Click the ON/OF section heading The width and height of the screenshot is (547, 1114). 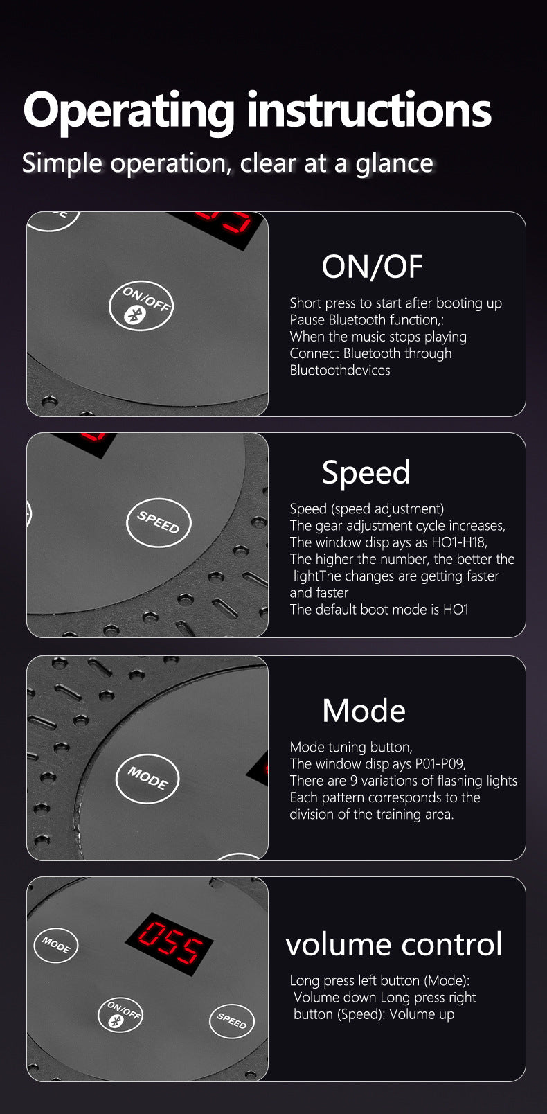tap(372, 267)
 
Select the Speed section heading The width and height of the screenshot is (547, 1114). tap(366, 473)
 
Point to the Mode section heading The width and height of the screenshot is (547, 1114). tap(364, 711)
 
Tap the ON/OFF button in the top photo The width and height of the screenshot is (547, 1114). tap(141, 306)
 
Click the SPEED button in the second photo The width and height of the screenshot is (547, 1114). tap(159, 522)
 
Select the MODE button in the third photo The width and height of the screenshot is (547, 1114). tap(147, 778)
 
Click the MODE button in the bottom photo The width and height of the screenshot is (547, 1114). tap(55, 945)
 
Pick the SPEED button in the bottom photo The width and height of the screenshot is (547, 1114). tap(232, 1021)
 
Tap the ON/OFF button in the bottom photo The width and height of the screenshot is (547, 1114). tap(120, 1014)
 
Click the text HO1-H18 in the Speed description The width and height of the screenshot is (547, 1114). tap(459, 542)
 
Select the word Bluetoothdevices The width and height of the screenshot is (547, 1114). tap(340, 370)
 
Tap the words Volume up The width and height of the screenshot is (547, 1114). tap(422, 1014)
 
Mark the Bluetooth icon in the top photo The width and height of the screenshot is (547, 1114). tap(133, 315)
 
